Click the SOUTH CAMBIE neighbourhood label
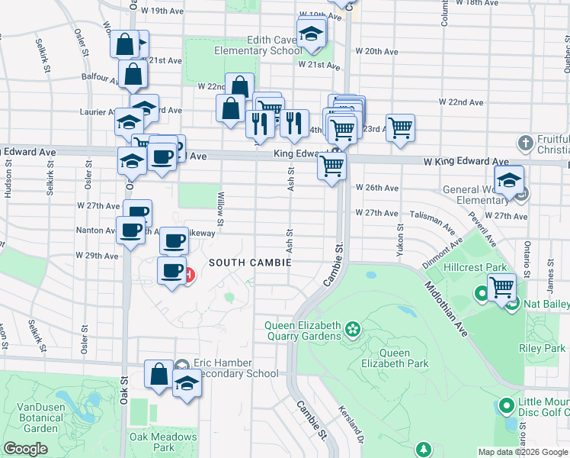click(x=250, y=263)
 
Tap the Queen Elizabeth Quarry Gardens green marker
click(x=352, y=330)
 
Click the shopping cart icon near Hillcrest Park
click(x=501, y=288)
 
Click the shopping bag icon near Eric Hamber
click(x=159, y=375)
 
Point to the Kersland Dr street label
click(x=351, y=424)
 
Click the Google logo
click(x=26, y=449)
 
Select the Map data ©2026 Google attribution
click(x=522, y=452)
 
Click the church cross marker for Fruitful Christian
click(x=524, y=143)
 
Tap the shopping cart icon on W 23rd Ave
click(x=400, y=127)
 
